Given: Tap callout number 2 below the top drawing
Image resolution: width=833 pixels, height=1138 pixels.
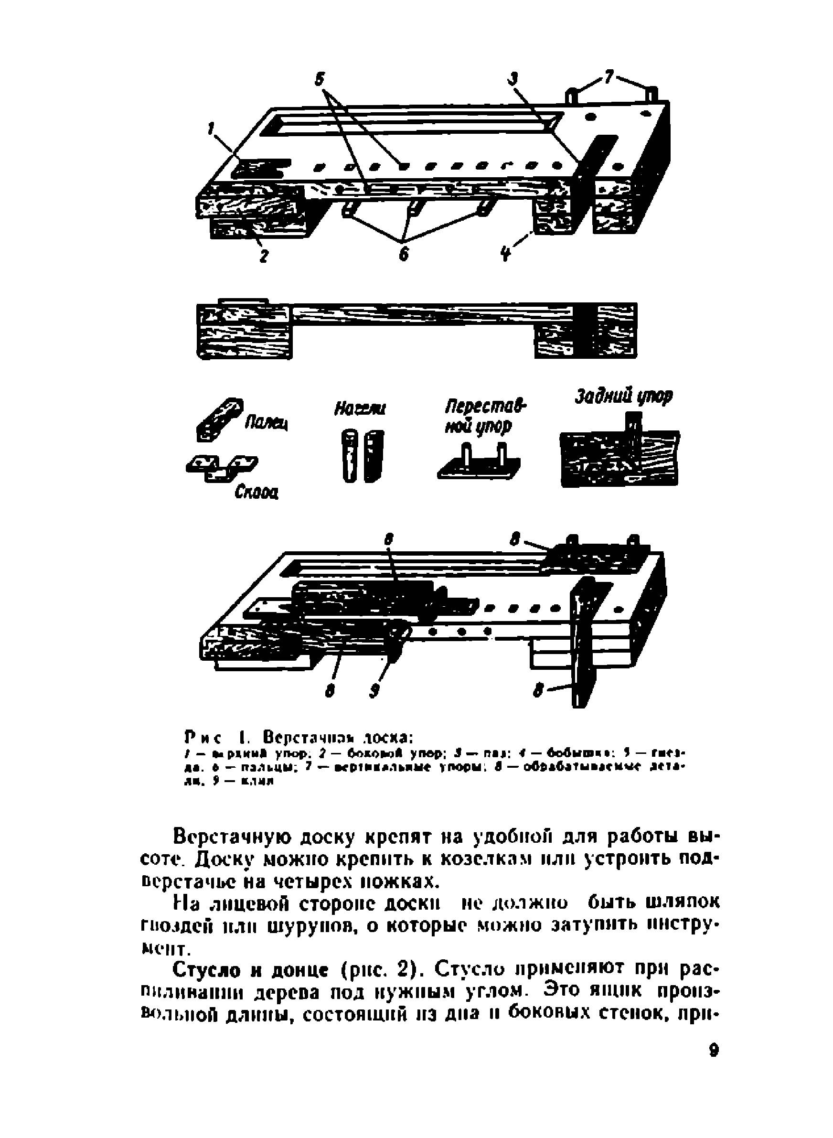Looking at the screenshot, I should pos(262,256).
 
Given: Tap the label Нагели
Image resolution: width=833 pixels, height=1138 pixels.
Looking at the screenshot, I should pos(359,408).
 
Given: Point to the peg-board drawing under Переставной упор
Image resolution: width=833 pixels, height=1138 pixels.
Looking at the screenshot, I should pos(479,462).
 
